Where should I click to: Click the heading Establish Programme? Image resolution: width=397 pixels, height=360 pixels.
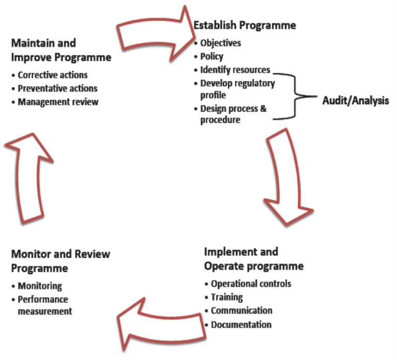point(245,25)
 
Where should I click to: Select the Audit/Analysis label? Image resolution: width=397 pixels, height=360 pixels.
point(355,101)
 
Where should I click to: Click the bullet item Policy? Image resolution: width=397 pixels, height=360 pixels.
point(212,56)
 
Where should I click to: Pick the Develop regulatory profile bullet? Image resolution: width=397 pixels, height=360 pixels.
point(237,89)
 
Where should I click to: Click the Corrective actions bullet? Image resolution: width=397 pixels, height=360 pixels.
point(52,75)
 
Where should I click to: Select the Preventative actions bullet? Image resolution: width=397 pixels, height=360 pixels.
point(57,88)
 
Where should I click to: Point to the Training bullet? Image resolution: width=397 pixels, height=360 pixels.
point(226,297)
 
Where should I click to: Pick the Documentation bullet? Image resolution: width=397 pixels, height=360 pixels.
point(241,324)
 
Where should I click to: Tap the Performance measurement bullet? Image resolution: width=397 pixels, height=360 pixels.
point(44,305)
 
